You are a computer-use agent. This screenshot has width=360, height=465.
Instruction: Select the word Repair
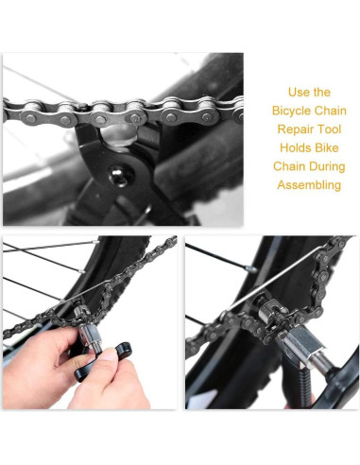pyautogui.click(x=283, y=129)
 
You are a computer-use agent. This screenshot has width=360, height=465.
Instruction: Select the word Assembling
pyautogui.click(x=308, y=184)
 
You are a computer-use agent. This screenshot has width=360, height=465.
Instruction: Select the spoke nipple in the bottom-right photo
pyautogui.click(x=249, y=270)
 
